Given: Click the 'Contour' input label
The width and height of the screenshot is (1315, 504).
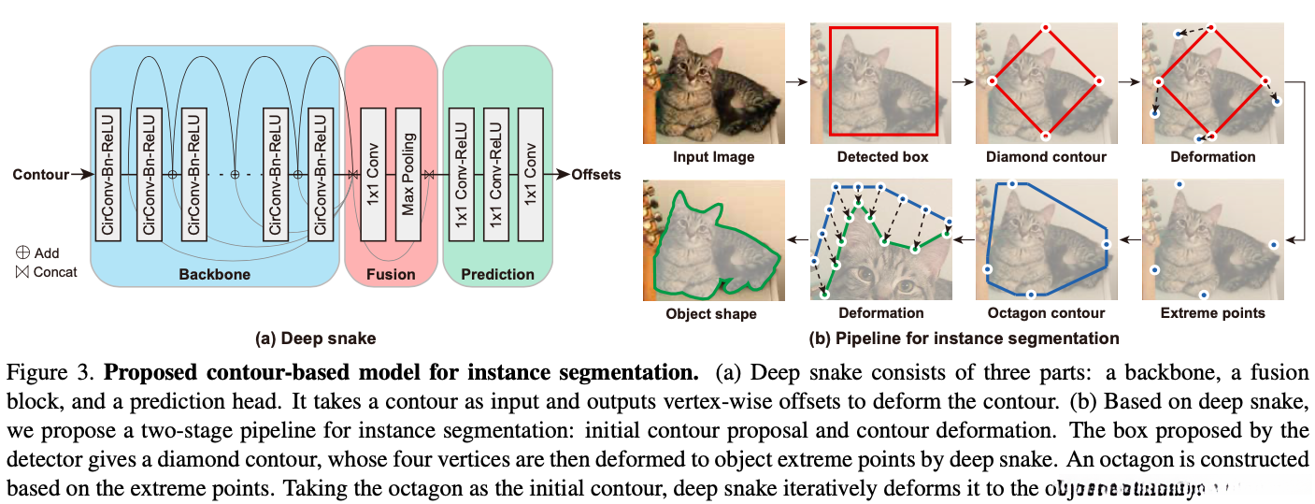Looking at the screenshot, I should pos(40,174).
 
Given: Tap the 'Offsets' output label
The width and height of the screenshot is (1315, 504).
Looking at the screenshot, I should pos(595,174).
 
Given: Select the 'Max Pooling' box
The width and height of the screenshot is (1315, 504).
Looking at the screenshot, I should pos(407,174).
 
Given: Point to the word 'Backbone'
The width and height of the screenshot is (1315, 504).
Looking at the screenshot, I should pos(214,275).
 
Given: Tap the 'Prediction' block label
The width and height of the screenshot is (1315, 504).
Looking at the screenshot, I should pos(497,275).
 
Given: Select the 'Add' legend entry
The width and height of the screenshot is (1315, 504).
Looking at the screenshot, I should pos(38,252).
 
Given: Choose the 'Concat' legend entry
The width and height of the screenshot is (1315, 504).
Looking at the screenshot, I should pos(46,271).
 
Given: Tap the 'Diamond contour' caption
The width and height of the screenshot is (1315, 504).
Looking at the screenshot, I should pos(1046,157).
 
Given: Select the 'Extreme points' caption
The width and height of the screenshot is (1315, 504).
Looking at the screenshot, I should pos(1212,312).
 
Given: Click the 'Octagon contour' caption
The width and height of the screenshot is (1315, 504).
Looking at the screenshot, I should pos(1046,312).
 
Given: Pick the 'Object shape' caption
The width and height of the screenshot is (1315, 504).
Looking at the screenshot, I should pos(711,312).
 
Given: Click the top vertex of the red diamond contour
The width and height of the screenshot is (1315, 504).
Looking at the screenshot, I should pos(1045,28).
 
